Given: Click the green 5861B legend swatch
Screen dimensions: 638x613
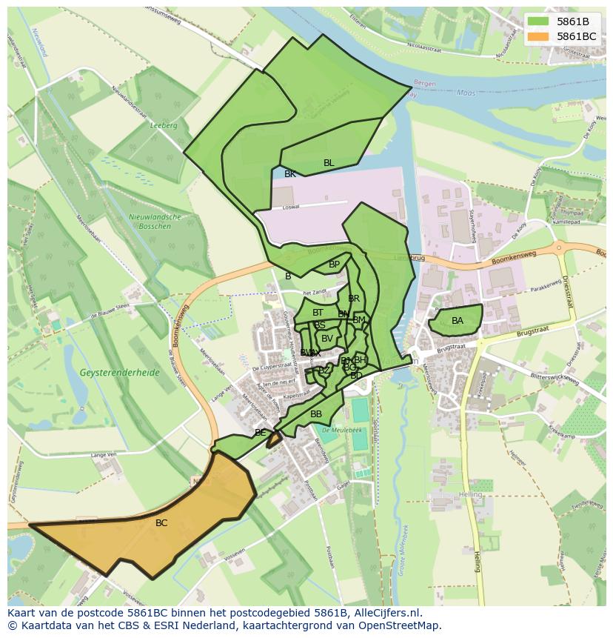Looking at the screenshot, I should (538, 21).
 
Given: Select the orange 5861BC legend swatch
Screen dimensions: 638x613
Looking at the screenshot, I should (538, 36).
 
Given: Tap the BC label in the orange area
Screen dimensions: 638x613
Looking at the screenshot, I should (161, 523).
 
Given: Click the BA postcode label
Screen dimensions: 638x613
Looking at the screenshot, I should (458, 321).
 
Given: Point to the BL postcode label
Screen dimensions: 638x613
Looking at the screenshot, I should (329, 163).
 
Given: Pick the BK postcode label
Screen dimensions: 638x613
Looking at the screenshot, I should (290, 174).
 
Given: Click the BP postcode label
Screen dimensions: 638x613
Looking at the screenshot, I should (334, 265).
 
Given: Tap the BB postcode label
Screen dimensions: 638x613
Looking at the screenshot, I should (316, 414).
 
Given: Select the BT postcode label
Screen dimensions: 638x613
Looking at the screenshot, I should (318, 313).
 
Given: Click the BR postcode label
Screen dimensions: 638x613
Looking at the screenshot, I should (354, 299).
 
